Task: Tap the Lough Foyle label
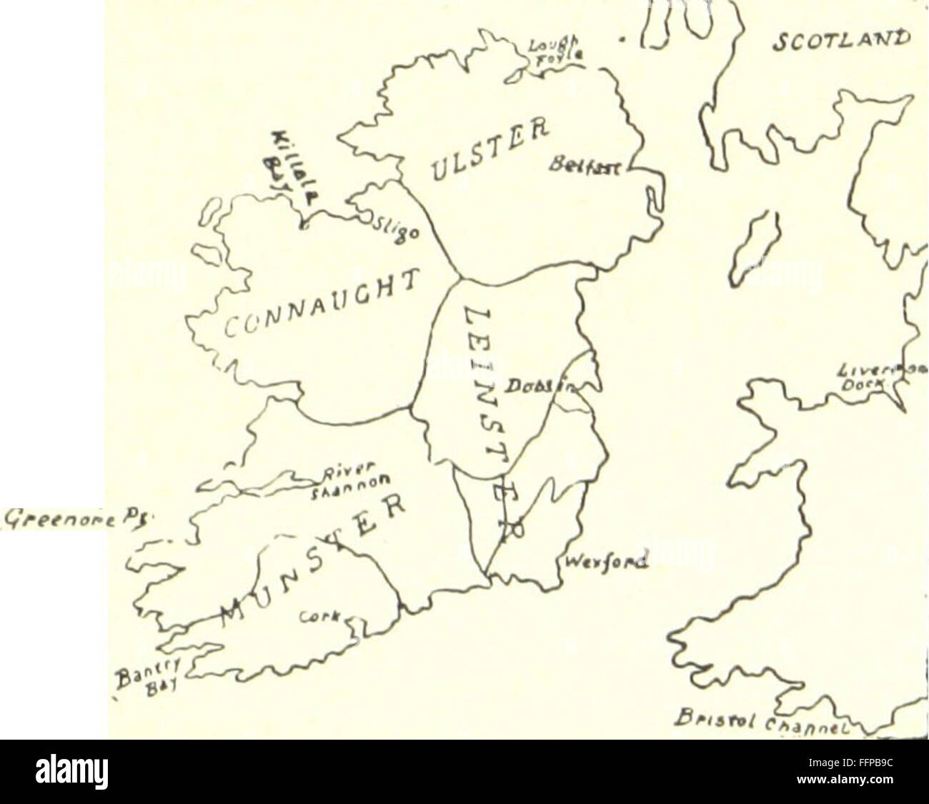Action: [547, 49]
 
